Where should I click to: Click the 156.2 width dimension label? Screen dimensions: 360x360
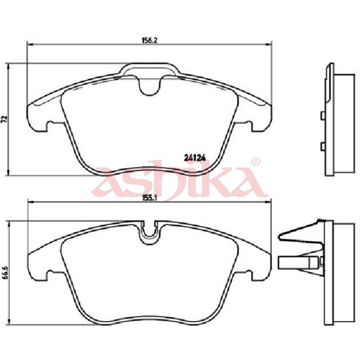click(x=149, y=40)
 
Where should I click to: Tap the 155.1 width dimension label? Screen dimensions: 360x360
click(x=149, y=198)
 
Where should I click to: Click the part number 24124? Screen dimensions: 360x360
click(x=195, y=158)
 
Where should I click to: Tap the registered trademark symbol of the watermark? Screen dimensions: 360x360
click(x=256, y=162)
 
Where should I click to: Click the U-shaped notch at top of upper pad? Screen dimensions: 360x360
click(x=150, y=86)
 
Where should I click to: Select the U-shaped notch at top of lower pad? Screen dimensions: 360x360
click(x=149, y=233)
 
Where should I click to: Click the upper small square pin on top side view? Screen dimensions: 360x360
click(x=323, y=116)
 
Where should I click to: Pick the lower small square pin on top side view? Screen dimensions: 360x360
click(x=323, y=147)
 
